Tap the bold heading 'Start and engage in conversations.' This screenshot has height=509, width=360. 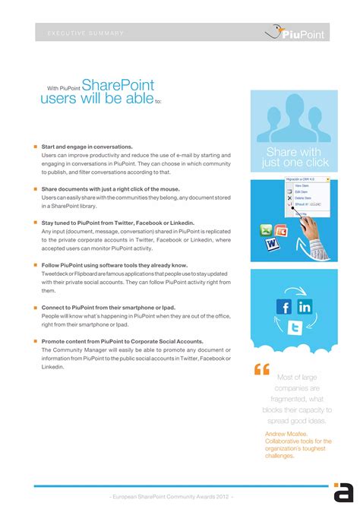tap(87, 147)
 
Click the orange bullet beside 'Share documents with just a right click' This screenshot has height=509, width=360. tap(35, 188)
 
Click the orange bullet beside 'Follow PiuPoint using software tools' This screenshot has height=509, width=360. tap(35, 265)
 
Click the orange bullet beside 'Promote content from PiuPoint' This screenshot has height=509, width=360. tap(35, 342)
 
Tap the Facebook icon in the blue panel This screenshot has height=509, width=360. tap(284, 307)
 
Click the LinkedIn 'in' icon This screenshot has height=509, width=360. tap(305, 306)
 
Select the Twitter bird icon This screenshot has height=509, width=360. tap(295, 327)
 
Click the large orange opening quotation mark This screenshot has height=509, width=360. tap(262, 370)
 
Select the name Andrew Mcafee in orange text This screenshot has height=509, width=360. tap(286, 434)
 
